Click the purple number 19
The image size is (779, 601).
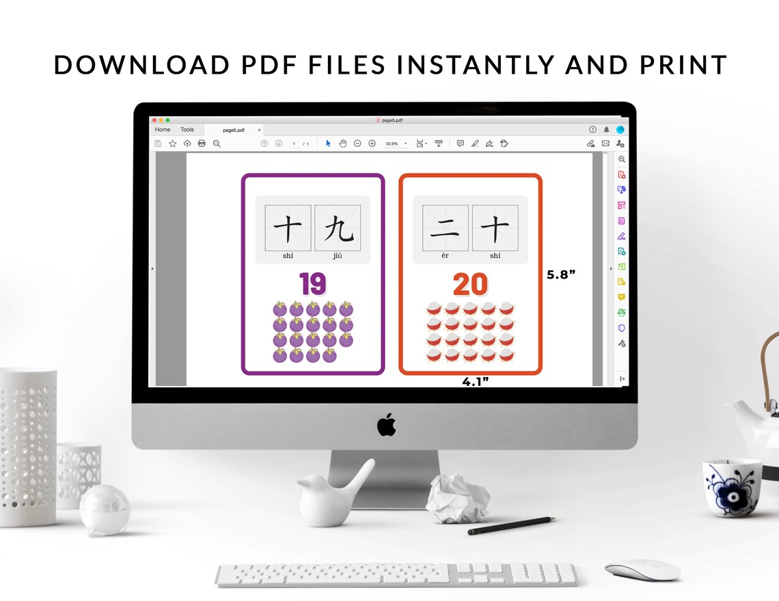pos(312,284)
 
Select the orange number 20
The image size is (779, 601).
pos(470,284)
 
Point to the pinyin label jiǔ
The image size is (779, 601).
pos(338,256)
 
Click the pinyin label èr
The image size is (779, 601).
pos(445,256)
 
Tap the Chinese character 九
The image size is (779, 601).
pos(338,228)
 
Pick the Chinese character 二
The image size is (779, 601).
pos(445,228)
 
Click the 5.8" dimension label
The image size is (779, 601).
pos(561,275)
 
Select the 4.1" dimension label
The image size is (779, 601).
pos(476,382)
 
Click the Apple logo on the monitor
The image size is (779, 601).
pos(386,424)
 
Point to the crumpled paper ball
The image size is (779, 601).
pos(456,499)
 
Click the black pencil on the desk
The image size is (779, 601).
pos(511,525)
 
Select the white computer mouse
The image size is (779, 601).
pos(642,570)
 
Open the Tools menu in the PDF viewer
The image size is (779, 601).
pos(187,130)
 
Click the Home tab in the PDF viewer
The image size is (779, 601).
pos(163,130)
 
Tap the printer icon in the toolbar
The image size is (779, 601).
pos(202,143)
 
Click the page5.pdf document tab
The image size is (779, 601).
pos(234,130)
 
